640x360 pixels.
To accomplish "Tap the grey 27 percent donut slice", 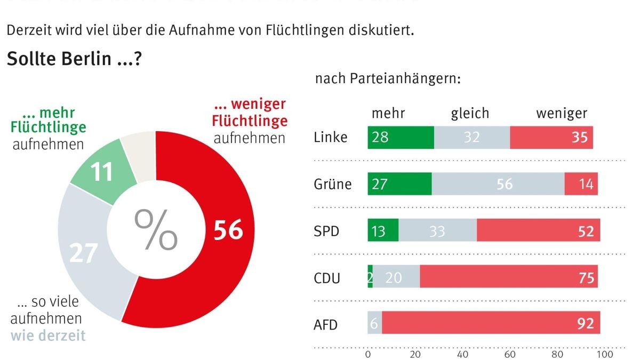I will tap(85, 251).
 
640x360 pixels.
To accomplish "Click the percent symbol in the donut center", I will tap(155, 230).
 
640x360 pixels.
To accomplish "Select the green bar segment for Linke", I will tap(401, 138).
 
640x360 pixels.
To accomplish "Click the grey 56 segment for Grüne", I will tap(498, 185).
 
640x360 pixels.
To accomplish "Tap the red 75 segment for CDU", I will tap(508, 278).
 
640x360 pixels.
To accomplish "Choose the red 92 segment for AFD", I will tap(491, 324).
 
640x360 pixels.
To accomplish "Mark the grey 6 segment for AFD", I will tap(374, 324).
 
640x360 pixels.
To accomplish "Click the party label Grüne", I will tap(332, 185).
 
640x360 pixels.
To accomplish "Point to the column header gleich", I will tap(469, 113).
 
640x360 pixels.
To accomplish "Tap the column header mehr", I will tap(388, 113).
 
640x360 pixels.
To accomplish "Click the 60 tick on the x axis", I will tap(510, 354).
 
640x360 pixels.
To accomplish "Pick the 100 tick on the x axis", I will tap(604, 354).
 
